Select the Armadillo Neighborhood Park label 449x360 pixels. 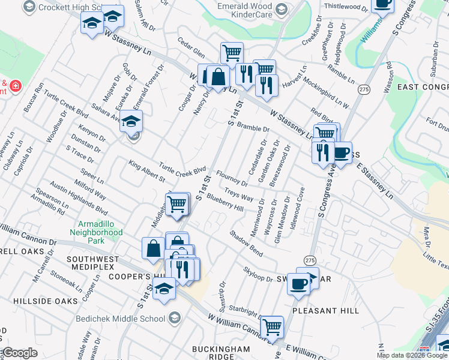(96, 232)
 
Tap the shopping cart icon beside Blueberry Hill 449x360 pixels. (177, 204)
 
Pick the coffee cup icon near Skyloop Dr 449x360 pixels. (298, 284)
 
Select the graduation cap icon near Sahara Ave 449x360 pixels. (130, 122)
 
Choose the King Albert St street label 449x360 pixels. (146, 171)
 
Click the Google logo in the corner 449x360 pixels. (19, 353)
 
